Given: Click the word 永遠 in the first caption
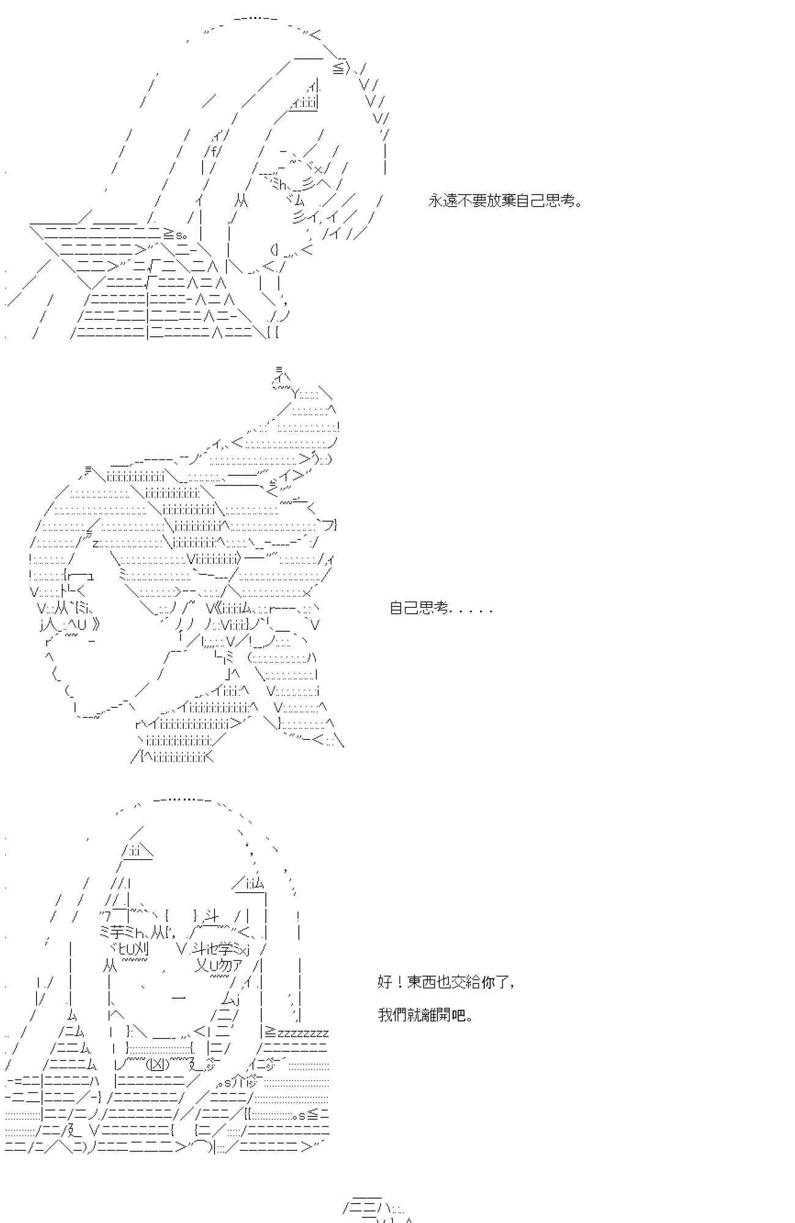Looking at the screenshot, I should (x=443, y=201).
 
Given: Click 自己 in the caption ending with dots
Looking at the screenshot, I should (x=404, y=608).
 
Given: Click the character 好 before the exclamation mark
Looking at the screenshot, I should (x=385, y=982).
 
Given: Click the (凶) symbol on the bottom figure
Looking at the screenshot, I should (x=158, y=1064).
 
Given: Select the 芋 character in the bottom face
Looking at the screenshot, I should (x=118, y=933).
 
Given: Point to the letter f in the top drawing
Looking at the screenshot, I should (x=213, y=150).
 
